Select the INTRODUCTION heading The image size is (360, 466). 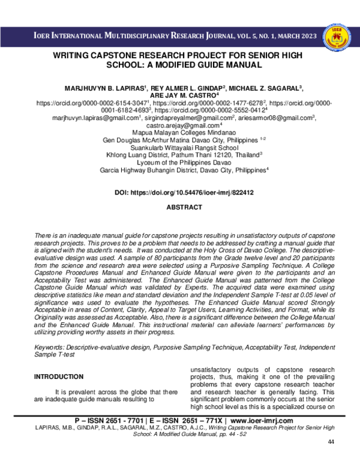(x=59, y=377)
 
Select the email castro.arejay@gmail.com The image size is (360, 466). (x=179, y=124)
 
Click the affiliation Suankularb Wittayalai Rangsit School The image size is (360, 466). (x=180, y=146)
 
